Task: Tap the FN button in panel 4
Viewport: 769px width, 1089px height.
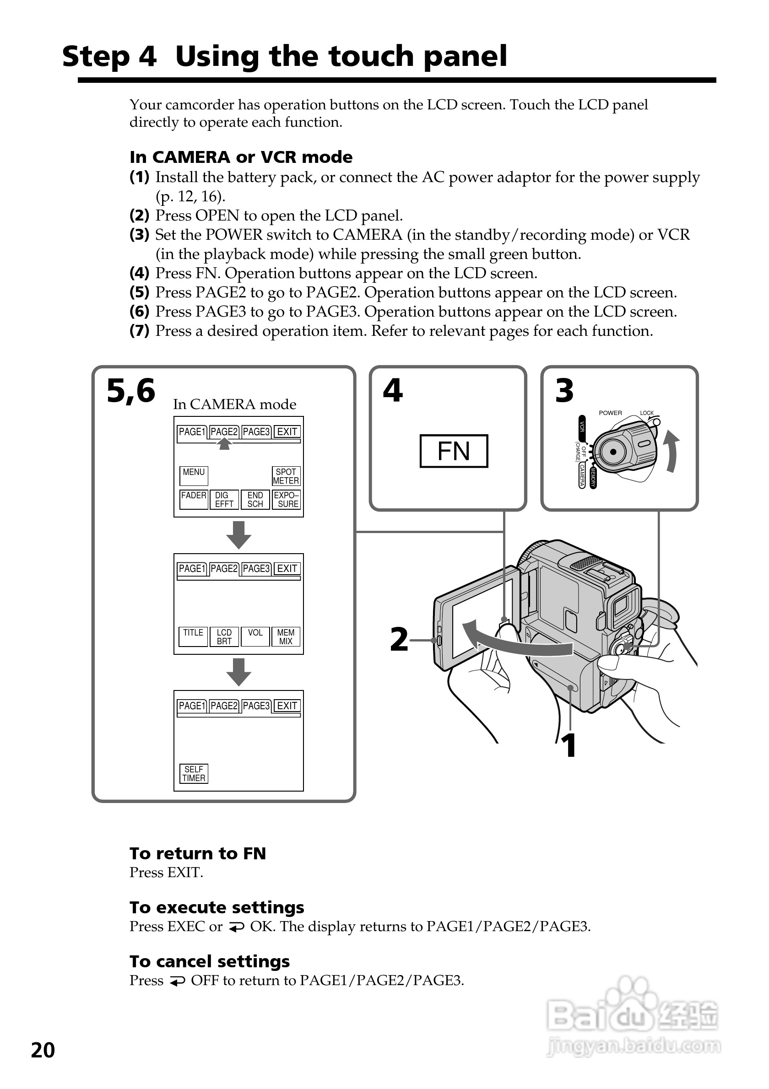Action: [454, 451]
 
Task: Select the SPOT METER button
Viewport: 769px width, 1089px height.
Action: [286, 476]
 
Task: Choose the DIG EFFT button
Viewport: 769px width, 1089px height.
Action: [224, 500]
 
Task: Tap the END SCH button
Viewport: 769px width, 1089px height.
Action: [255, 500]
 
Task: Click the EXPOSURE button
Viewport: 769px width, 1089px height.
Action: [286, 500]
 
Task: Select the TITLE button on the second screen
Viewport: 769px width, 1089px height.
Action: [193, 636]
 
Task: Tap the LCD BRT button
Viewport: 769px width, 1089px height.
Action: [224, 636]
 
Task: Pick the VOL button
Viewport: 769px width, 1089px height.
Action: [255, 636]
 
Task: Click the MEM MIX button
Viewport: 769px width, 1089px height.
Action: [286, 636]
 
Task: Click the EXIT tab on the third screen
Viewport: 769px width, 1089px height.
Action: [287, 706]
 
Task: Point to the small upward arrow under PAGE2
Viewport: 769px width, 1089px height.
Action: [224, 443]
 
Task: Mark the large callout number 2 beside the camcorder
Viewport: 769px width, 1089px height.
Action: [399, 639]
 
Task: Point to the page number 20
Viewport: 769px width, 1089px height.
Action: [43, 1051]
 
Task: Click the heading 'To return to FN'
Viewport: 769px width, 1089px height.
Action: [197, 853]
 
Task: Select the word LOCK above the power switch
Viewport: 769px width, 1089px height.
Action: [647, 413]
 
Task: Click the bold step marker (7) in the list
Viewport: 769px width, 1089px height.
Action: [139, 330]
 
